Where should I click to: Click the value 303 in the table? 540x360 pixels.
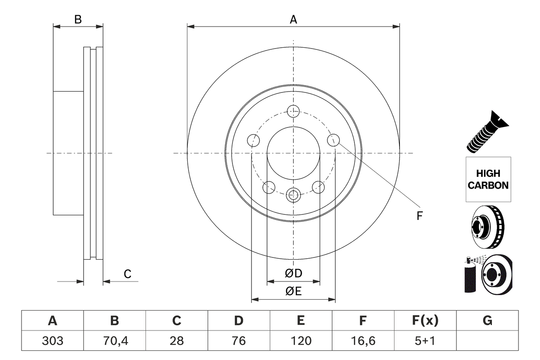[x=53, y=341]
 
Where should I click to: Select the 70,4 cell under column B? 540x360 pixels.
[x=115, y=341]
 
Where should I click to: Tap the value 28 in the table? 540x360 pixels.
[x=177, y=341]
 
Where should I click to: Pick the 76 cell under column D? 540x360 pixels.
[x=239, y=341]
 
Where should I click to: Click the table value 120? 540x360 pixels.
[x=301, y=341]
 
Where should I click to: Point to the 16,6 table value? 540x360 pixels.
[x=363, y=341]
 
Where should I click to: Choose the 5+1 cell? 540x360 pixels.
[x=425, y=341]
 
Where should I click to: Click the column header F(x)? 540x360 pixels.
[x=425, y=321]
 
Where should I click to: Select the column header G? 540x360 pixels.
[x=487, y=321]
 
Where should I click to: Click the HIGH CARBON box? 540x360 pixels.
[x=488, y=179]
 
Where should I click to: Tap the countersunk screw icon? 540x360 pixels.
[x=487, y=132]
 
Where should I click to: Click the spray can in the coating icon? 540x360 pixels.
[x=469, y=276]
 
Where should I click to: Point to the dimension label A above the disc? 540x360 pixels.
[x=293, y=19]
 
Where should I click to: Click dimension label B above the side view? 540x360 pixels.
[x=78, y=19]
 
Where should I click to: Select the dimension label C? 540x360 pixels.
[x=127, y=274]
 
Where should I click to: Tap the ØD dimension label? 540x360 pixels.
[x=294, y=273]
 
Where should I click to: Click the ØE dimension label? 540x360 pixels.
[x=294, y=291]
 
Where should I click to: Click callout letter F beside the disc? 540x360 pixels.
[x=419, y=216]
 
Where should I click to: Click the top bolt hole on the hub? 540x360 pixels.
[x=293, y=111]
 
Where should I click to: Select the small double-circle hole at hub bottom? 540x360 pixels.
[x=293, y=195]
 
